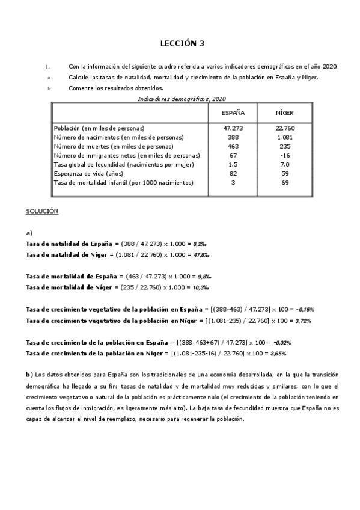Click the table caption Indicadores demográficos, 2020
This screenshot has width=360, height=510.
pos(182,98)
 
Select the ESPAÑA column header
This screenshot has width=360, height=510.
pos(233,113)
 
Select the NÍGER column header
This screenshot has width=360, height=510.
pos(284,113)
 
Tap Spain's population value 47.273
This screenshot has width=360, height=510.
pos(233,128)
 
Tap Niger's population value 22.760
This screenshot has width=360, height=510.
pos(284,128)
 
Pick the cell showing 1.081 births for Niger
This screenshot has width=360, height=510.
pos(284,137)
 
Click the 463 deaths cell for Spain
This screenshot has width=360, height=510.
pos(233,146)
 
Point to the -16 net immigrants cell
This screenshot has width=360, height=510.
pos(284,155)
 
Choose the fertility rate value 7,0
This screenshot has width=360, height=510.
pos(284,164)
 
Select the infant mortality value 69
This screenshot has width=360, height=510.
pos(284,182)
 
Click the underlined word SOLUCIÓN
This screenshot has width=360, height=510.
pos(41,211)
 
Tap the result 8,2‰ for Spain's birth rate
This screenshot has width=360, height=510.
pos(200,244)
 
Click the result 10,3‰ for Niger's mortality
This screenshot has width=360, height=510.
pos(202,287)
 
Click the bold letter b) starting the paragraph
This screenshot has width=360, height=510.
pos(28,375)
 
